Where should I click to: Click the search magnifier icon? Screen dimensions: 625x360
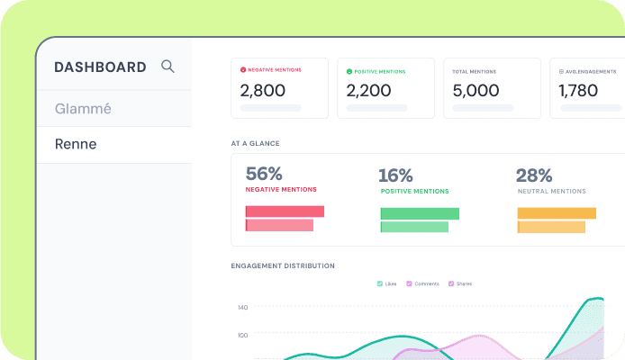[168, 67]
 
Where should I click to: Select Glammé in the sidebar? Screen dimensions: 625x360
[83, 109]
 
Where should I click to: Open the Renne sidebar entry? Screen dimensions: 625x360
[76, 144]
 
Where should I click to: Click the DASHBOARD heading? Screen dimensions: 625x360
[100, 67]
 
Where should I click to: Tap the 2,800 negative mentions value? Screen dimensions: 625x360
[263, 90]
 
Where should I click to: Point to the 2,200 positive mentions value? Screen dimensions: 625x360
[368, 90]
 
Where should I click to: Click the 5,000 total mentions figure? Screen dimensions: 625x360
[476, 90]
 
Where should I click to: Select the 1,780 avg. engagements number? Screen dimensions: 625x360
[578, 90]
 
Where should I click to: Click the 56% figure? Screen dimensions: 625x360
[264, 174]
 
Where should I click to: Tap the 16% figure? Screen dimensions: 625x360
[395, 175]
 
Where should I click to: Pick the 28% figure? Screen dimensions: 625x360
[534, 175]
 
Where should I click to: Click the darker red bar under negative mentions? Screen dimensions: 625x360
[285, 211]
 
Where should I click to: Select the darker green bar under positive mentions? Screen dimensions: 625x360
[420, 213]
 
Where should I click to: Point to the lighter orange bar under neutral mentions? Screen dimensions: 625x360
[551, 227]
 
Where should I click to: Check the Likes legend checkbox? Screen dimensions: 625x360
[380, 283]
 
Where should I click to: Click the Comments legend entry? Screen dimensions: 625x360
[422, 283]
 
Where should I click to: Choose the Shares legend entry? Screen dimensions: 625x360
[460, 283]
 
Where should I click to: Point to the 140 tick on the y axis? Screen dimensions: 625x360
[243, 308]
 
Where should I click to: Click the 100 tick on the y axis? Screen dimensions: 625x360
[243, 336]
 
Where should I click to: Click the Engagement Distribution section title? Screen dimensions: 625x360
[283, 265]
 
